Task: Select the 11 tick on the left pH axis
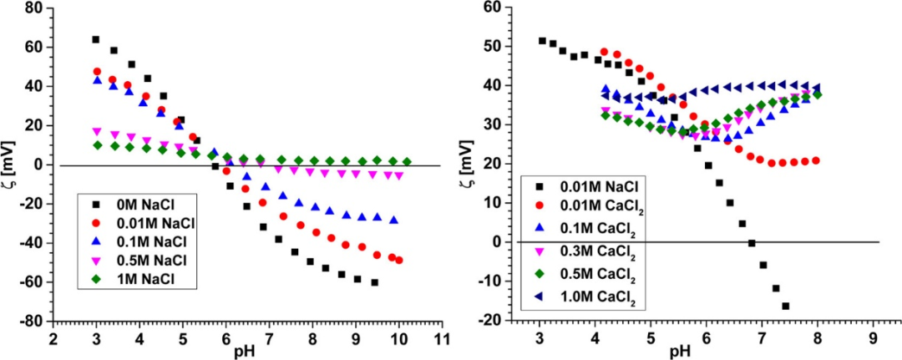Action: (443, 338)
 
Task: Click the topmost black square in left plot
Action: (96, 39)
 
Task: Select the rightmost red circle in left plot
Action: (399, 260)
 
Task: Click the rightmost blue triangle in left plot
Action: (394, 221)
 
